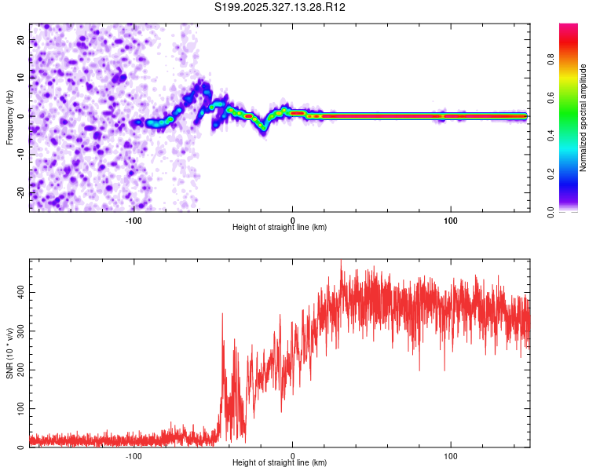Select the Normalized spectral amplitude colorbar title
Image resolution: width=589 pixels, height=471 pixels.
pyautogui.click(x=584, y=118)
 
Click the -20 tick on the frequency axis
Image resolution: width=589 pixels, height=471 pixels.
pyautogui.click(x=20, y=192)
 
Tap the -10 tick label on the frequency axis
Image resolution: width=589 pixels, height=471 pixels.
pyautogui.click(x=20, y=154)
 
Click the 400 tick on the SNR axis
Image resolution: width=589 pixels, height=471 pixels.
pyautogui.click(x=18, y=292)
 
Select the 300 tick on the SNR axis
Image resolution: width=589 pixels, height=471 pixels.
pyautogui.click(x=18, y=331)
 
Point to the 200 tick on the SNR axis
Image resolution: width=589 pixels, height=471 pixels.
pyautogui.click(x=18, y=370)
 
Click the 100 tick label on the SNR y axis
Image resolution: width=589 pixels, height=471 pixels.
pyautogui.click(x=18, y=409)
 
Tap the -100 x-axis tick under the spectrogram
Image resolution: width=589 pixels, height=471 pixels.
pyautogui.click(x=134, y=220)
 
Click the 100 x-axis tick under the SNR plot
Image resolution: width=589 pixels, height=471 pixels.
pyautogui.click(x=451, y=456)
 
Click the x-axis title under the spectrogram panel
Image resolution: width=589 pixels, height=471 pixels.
pyautogui.click(x=280, y=228)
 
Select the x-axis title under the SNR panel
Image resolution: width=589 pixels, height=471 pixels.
pyautogui.click(x=280, y=464)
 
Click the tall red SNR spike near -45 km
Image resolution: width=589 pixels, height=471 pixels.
pyautogui.click(x=222, y=316)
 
